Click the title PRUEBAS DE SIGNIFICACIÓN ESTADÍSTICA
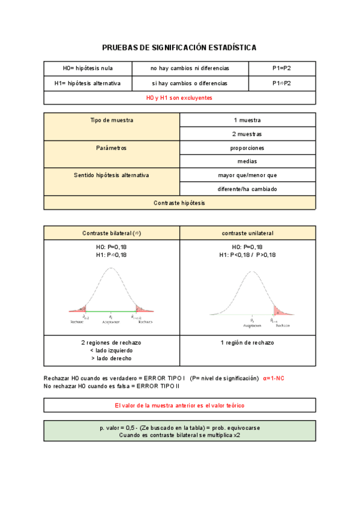179,47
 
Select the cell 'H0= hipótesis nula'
88,68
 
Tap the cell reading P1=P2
281,68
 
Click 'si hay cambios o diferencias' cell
190,83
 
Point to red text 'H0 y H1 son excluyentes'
179,98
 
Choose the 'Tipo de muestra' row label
112,120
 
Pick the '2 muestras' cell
247,134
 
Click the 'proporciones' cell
247,148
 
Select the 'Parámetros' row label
112,148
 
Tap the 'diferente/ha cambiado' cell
247,189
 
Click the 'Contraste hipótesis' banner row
179,203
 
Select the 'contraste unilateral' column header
247,233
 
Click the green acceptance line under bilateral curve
111,312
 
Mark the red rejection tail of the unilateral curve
280,311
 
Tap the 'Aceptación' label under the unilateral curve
252,325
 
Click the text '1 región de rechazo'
247,342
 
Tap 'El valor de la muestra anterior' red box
179,405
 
